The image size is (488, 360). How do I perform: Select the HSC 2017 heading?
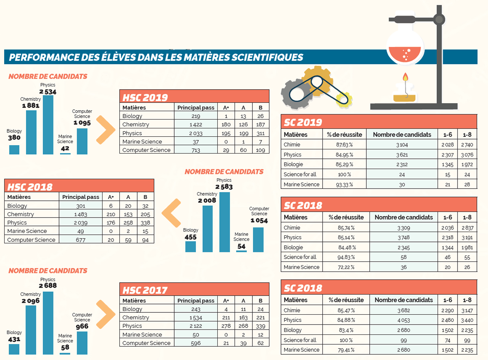[145, 290]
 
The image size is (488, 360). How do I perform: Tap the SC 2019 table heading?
[303, 122]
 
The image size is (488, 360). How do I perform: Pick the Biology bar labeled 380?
[14, 150]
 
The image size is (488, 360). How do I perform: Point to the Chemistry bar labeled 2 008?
[207, 229]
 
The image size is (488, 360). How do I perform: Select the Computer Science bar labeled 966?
[82, 343]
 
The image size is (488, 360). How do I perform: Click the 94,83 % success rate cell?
[346, 257]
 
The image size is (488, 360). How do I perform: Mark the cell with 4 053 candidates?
[403, 320]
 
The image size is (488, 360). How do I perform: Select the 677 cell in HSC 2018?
[80, 240]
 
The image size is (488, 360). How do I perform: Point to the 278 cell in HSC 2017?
[226, 326]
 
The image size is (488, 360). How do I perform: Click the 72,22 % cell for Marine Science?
[346, 267]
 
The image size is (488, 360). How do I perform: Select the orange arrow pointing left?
[171, 217]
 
